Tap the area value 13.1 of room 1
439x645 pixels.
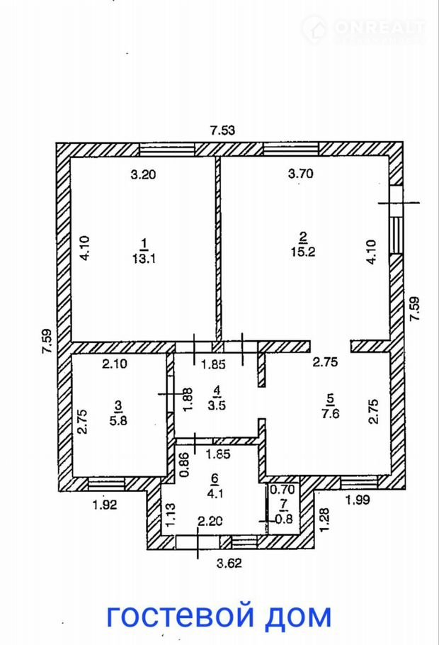(x=144, y=259)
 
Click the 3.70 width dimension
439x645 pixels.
(x=299, y=172)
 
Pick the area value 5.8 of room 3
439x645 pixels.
(x=118, y=419)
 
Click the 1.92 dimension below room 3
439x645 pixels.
(x=103, y=505)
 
